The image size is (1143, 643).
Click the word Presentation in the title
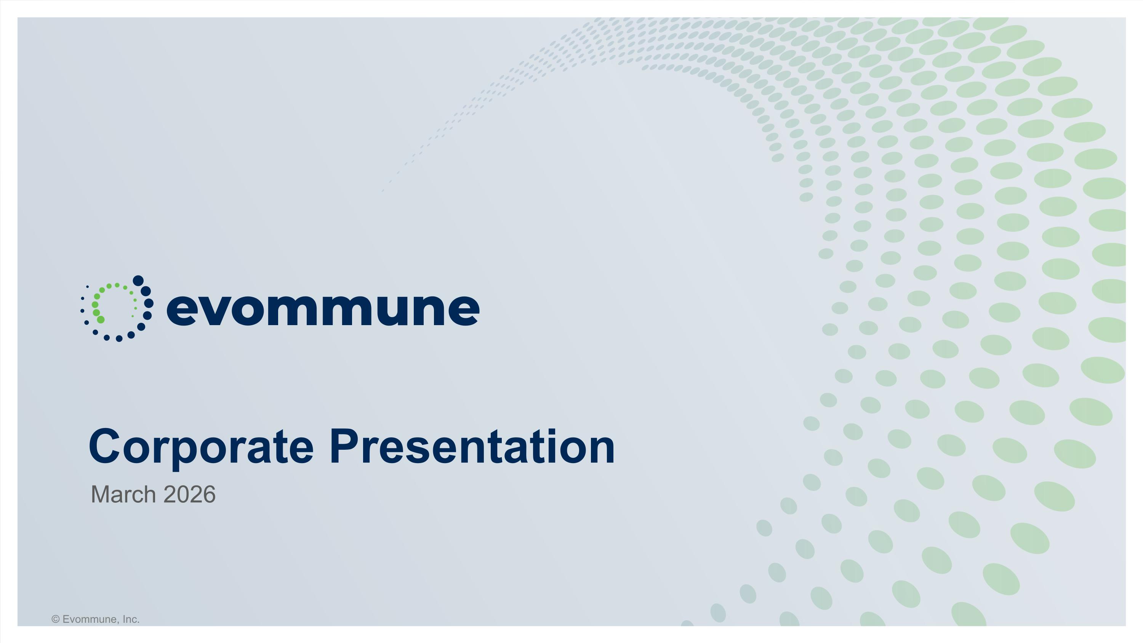472,446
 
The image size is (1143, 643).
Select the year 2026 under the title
189,494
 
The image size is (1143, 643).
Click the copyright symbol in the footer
56,619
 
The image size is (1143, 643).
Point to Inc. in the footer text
131,619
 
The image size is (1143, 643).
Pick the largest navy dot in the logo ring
138,280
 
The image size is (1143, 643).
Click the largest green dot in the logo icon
101,319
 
